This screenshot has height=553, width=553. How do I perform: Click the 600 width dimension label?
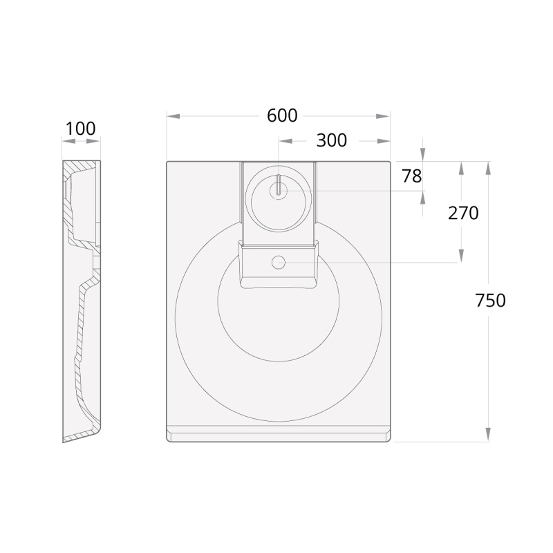[282, 115]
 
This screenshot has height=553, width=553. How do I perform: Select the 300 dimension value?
[332, 140]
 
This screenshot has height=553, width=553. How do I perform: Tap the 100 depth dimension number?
[80, 129]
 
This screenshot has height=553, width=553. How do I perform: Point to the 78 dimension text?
[412, 176]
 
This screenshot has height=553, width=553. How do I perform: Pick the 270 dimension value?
[463, 213]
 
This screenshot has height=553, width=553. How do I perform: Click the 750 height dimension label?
[490, 301]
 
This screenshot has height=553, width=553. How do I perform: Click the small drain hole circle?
[279, 263]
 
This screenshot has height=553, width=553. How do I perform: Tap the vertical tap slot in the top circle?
[279, 185]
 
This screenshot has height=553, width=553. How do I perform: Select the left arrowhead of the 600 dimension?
[174, 116]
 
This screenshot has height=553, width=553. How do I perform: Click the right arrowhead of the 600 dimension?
[383, 116]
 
